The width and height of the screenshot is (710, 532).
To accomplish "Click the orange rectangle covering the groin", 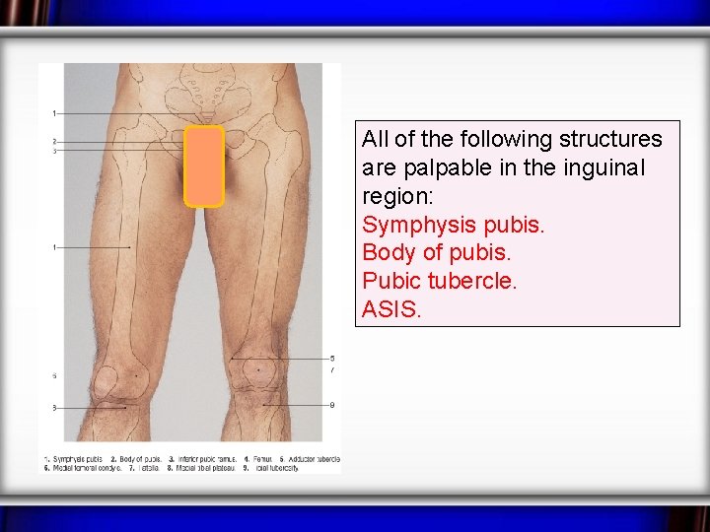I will (204, 166).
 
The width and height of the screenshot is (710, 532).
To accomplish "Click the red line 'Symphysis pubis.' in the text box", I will (453, 225).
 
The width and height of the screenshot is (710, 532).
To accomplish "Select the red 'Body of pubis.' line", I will (437, 252).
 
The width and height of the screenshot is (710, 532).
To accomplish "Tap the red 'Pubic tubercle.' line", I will (439, 281).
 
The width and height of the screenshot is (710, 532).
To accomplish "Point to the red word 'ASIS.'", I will (391, 309).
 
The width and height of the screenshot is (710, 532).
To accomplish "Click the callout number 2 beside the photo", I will (54, 142).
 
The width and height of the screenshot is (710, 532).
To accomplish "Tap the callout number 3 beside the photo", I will (54, 151).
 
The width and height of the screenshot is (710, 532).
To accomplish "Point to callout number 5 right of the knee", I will (332, 358).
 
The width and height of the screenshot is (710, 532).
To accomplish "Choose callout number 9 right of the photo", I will (332, 405).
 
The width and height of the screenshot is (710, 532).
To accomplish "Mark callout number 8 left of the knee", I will (54, 407).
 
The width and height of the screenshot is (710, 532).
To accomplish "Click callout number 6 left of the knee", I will (54, 375).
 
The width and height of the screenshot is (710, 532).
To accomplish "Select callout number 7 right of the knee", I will (332, 369).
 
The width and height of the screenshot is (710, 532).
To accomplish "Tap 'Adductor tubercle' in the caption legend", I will (314, 459).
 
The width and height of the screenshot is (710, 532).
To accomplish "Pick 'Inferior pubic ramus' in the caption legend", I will (203, 459).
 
